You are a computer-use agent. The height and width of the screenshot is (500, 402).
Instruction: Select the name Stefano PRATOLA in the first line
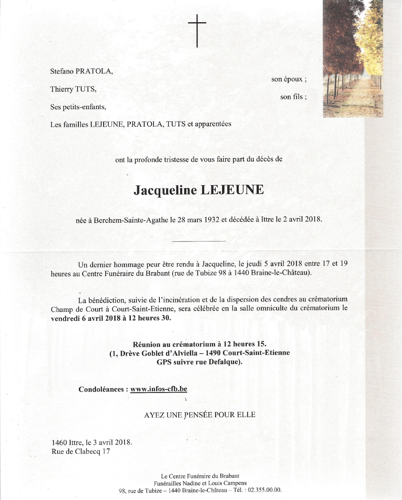click(81, 72)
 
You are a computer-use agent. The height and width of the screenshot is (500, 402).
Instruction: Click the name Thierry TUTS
click(73, 89)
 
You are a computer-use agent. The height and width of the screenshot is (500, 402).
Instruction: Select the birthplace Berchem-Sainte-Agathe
click(129, 221)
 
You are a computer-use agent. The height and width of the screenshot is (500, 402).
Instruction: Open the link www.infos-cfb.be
click(159, 389)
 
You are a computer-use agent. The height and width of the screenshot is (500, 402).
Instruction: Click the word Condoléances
click(102, 389)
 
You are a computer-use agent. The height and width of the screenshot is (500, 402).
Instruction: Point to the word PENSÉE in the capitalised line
click(200, 414)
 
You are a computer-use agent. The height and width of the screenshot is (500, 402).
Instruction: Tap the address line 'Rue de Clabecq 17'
click(81, 451)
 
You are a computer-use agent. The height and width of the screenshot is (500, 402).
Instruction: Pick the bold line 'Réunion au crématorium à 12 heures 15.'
click(200, 344)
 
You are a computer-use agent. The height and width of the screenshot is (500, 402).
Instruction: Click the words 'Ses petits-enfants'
click(78, 107)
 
